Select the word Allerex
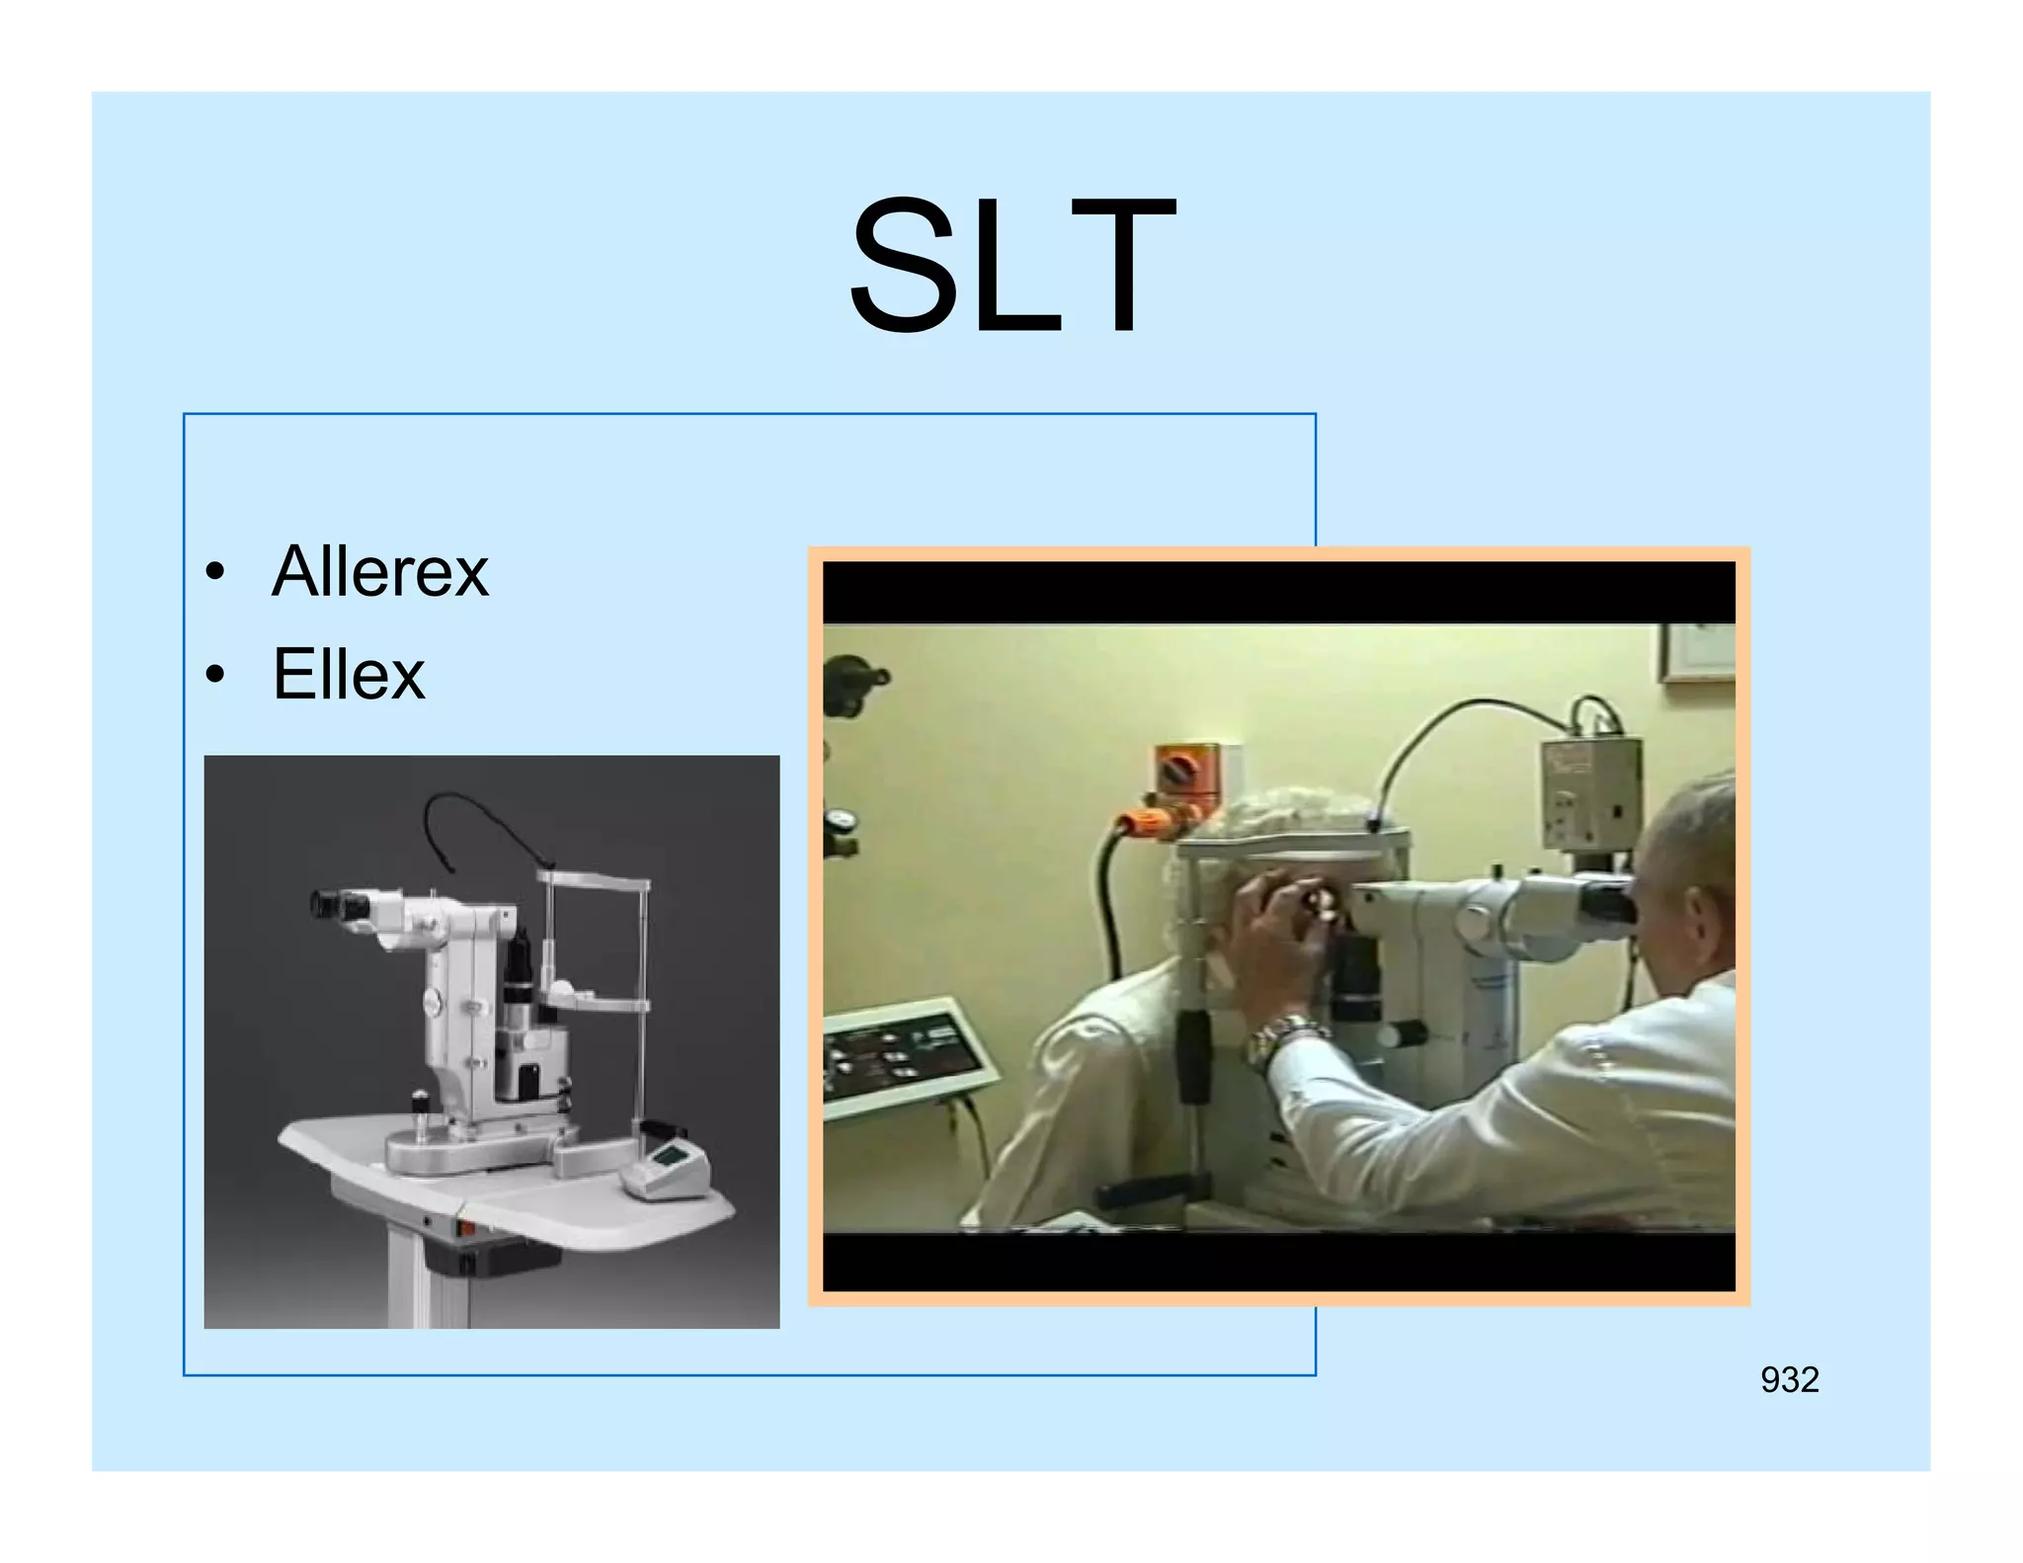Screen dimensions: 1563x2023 (380, 572)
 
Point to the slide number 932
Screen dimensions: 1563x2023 (1789, 1379)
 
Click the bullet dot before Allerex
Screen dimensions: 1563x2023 (215, 573)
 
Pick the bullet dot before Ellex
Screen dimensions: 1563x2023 (215, 676)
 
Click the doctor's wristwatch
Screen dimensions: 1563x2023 (1279, 1037)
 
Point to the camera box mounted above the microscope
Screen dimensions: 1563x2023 (1590, 790)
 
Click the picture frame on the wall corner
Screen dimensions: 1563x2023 (1697, 651)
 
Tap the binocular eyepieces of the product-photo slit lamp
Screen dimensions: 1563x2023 (341, 904)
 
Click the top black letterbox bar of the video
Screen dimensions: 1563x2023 (1278, 592)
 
